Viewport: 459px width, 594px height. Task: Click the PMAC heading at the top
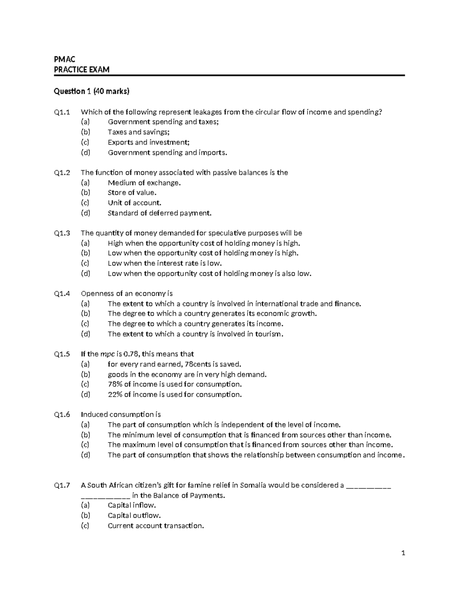click(x=65, y=59)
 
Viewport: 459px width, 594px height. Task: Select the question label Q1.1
click(x=62, y=112)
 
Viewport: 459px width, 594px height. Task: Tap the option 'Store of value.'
click(x=132, y=193)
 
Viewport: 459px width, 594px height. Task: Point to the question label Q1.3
click(x=62, y=233)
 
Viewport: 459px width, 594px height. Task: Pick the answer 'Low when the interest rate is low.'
click(x=165, y=263)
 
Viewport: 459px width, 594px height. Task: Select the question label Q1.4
click(x=62, y=294)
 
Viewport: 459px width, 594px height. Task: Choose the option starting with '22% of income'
click(x=175, y=394)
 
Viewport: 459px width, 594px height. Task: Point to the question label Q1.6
click(x=62, y=415)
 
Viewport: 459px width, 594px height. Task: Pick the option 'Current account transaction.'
click(x=156, y=526)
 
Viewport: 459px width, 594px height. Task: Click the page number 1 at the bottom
click(x=403, y=553)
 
